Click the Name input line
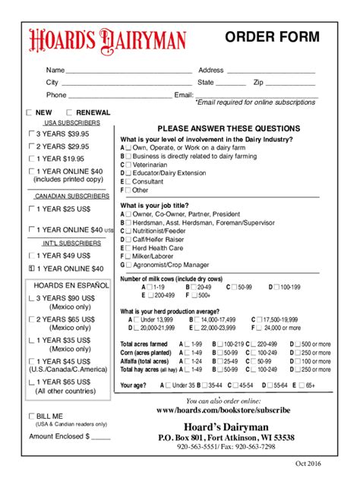click(129, 71)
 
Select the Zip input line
click(289, 83)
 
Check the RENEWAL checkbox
click(70, 112)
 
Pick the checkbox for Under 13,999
click(134, 320)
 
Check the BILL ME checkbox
click(31, 417)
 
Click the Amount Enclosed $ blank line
click(101, 437)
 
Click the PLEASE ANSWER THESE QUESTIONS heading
click(229, 128)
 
